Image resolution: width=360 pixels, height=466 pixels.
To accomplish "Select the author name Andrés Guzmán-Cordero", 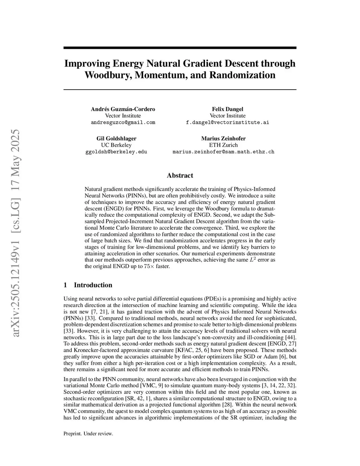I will point(123,109).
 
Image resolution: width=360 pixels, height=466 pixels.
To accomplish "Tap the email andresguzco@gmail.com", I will point(123,122).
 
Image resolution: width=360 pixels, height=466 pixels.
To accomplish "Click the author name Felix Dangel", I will point(227,109).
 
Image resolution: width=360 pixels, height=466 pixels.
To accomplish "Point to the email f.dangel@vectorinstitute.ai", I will point(227,122).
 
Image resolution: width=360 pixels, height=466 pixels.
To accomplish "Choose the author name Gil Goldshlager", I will point(116,138).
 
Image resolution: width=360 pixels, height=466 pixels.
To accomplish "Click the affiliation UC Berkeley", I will point(116,145).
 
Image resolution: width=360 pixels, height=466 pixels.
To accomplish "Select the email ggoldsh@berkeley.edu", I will point(116,152).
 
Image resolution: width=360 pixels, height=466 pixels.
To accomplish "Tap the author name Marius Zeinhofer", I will point(223,138).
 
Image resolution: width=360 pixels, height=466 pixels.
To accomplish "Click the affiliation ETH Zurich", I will point(223,145).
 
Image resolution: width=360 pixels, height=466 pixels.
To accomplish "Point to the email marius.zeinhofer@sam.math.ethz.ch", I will point(223,152).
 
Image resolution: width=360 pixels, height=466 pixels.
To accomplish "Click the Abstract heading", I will point(180,175).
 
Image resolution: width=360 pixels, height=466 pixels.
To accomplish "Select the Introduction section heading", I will point(93,285).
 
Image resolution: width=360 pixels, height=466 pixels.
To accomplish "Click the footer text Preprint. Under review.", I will point(88,434).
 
